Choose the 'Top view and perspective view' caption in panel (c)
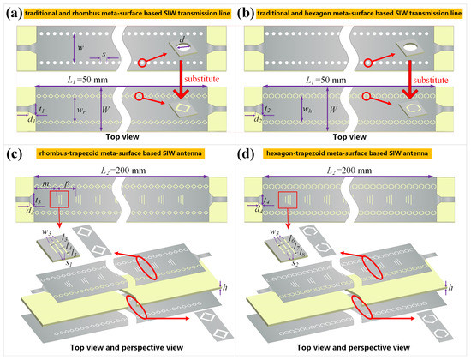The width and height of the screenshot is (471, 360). coord(117,350)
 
